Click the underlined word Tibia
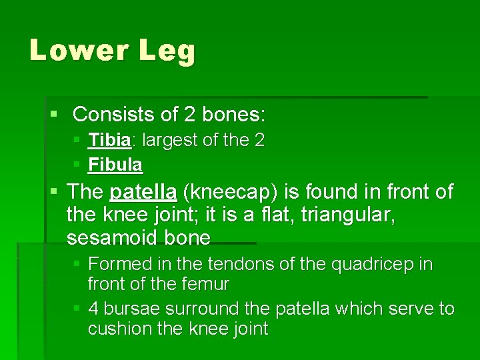pyautogui.click(x=110, y=141)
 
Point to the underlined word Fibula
pyautogui.click(x=115, y=164)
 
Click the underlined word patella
pyautogui.click(x=143, y=193)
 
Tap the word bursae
pyautogui.click(x=131, y=309)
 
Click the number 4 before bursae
pyautogui.click(x=93, y=309)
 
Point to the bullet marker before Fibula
pyautogui.click(x=77, y=164)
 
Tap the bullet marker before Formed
pyautogui.click(x=77, y=265)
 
